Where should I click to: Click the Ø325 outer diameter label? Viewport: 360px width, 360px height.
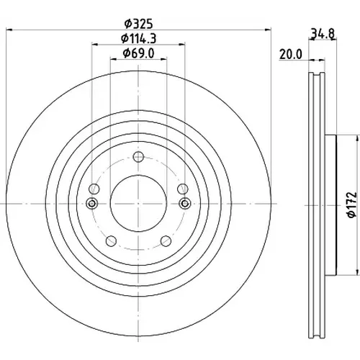[138, 24]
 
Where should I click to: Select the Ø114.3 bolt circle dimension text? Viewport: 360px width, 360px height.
[138, 38]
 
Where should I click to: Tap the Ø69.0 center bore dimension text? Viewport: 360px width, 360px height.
[138, 53]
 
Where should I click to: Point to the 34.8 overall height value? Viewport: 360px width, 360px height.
[323, 33]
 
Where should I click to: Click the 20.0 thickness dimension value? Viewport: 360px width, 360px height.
[291, 55]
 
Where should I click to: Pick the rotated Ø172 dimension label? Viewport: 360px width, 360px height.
[352, 204]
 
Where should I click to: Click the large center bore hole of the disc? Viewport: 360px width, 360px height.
[138, 204]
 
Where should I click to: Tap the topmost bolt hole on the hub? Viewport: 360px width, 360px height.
[138, 157]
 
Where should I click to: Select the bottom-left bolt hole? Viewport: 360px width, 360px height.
[111, 240]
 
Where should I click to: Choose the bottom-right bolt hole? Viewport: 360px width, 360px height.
[166, 240]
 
